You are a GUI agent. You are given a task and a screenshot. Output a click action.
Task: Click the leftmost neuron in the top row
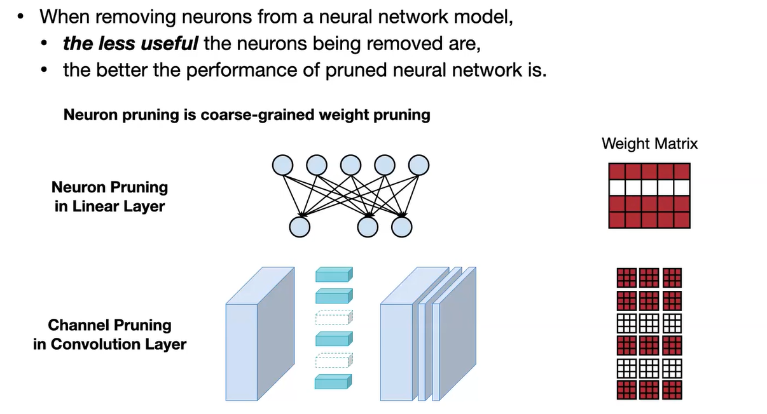(282, 166)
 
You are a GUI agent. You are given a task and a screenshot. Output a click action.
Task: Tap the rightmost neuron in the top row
(419, 166)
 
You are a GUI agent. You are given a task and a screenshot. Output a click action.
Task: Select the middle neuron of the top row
(350, 166)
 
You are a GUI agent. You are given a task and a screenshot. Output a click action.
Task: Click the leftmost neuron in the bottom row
(300, 226)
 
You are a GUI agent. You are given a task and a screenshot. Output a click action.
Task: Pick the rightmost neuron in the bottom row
(402, 226)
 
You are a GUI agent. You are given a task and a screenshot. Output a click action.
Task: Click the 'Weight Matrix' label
(649, 144)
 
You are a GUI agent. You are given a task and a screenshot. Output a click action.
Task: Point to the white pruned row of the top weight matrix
(649, 188)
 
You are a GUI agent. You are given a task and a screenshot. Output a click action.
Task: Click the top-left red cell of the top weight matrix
(617, 171)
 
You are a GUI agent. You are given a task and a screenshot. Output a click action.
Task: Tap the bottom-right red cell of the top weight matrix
(682, 220)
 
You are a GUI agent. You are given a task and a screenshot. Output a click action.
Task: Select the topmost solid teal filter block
(333, 274)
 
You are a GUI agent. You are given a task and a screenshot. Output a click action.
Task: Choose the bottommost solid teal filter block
(333, 382)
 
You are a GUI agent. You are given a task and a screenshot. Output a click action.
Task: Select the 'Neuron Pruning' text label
(109, 187)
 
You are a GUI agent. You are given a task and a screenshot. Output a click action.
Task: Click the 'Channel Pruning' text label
(109, 325)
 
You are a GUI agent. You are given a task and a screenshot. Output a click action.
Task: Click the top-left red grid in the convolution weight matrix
(626, 277)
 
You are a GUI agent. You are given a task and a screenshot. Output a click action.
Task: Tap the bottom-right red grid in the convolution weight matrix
(672, 390)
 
